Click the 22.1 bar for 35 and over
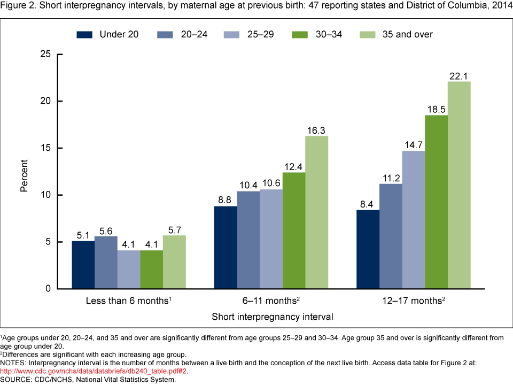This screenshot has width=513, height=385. pyautogui.click(x=459, y=185)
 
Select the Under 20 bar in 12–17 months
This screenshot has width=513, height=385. pyautogui.click(x=368, y=249)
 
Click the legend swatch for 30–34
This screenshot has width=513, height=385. pyautogui.click(x=299, y=34)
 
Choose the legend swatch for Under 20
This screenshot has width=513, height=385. pyautogui.click(x=84, y=34)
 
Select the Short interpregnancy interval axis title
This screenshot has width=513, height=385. pyautogui.click(x=273, y=317)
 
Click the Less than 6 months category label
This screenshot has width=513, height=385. pyautogui.click(x=129, y=301)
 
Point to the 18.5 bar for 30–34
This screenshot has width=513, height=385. pyautogui.click(x=436, y=202)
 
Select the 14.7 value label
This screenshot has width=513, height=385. pyautogui.click(x=414, y=144)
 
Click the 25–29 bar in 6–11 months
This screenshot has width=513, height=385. pyautogui.click(x=271, y=239)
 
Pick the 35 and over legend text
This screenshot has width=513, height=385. pyautogui.click(x=408, y=34)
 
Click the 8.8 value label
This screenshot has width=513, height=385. pyautogui.click(x=226, y=199)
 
